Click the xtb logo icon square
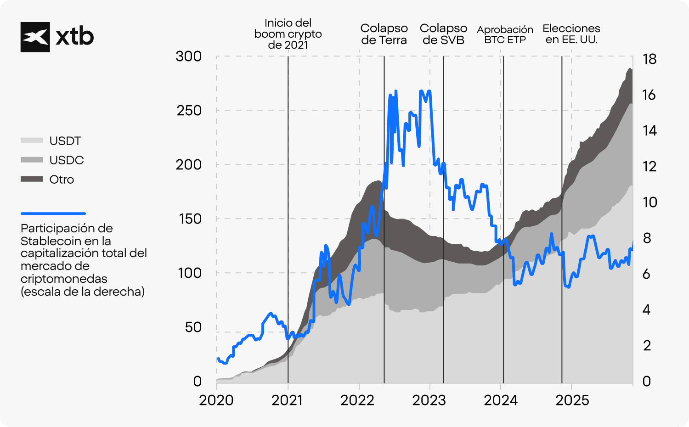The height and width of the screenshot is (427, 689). click(x=35, y=37)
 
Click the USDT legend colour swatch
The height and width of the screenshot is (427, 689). click(x=32, y=140)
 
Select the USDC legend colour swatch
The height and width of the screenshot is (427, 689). click(x=32, y=160)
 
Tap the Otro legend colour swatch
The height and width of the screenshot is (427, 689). click(x=32, y=179)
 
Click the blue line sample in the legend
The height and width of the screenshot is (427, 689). click(x=53, y=213)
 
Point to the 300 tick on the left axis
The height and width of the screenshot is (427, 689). click(x=188, y=56)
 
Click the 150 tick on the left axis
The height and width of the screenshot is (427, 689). click(x=190, y=219)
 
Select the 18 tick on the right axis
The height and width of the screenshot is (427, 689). click(x=649, y=59)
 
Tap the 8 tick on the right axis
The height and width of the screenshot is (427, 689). click(x=647, y=238)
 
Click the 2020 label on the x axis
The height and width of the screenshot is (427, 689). click(x=216, y=400)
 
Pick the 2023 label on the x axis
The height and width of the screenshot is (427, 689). click(x=429, y=400)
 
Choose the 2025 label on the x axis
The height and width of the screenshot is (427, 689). click(x=572, y=400)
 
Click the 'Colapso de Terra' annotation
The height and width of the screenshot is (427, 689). click(x=384, y=34)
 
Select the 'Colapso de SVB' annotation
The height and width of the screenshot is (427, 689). click(x=443, y=34)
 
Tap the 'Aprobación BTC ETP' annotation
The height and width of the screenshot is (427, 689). click(x=505, y=35)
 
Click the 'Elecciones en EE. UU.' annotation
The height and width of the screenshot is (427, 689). click(x=571, y=34)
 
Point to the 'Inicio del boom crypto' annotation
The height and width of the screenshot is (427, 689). click(x=288, y=34)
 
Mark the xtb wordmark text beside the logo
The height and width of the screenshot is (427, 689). click(x=74, y=37)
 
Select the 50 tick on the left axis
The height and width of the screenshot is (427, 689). click(x=193, y=327)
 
